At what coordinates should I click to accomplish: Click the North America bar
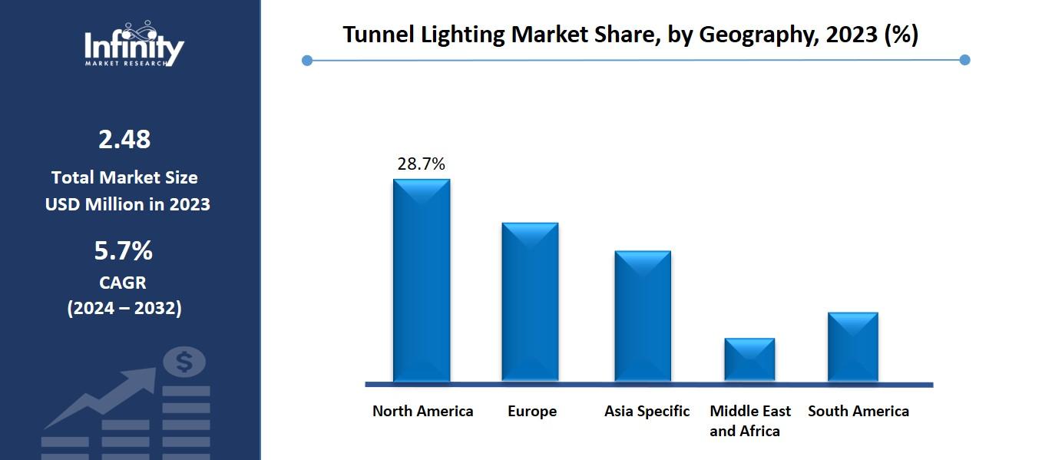pyautogui.click(x=422, y=280)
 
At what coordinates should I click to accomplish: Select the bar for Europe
pyautogui.click(x=530, y=302)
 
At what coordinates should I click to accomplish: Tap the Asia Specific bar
pyautogui.click(x=643, y=316)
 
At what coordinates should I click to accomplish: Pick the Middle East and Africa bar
pyautogui.click(x=749, y=359)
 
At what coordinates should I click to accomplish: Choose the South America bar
pyautogui.click(x=853, y=346)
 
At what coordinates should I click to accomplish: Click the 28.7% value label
pyautogui.click(x=421, y=164)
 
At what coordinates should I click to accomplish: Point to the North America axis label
pyautogui.click(x=422, y=411)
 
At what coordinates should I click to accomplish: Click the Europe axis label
pyautogui.click(x=531, y=411)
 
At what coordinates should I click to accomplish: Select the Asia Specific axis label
pyautogui.click(x=647, y=411)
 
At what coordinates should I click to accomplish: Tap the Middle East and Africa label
pyautogui.click(x=749, y=421)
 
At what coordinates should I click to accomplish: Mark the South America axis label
pyautogui.click(x=858, y=411)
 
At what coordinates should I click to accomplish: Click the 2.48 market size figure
pyautogui.click(x=124, y=140)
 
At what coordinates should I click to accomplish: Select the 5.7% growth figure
pyautogui.click(x=124, y=250)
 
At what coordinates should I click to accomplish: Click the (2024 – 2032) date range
pyautogui.click(x=124, y=308)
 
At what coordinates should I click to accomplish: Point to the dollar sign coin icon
pyautogui.click(x=184, y=361)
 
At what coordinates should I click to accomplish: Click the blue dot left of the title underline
pyautogui.click(x=307, y=60)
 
